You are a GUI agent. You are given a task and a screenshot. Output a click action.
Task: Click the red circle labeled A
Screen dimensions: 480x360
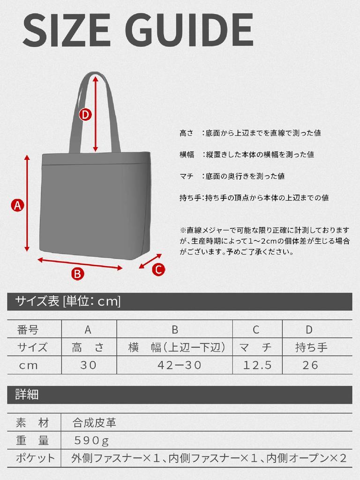[17, 205]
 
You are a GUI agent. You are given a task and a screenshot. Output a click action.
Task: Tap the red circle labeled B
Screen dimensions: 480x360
[77, 273]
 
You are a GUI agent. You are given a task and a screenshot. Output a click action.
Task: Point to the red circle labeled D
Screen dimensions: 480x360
[85, 114]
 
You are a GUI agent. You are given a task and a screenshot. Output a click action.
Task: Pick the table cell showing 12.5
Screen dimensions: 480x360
[255, 365]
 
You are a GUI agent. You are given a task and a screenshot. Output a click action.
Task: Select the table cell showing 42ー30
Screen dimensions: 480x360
[174, 365]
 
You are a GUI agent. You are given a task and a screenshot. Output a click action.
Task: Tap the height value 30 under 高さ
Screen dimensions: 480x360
[88, 365]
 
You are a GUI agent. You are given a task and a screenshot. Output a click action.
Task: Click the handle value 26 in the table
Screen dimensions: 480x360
[310, 365]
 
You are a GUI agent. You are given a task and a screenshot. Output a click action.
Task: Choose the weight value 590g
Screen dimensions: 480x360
[91, 441]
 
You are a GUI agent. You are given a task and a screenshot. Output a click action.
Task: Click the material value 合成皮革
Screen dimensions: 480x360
[94, 423]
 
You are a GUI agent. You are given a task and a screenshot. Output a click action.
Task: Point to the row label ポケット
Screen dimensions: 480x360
[36, 458]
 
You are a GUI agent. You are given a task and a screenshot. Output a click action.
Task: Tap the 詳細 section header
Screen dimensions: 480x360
[27, 395]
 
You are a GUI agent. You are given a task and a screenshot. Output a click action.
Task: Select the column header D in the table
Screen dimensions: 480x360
[309, 330]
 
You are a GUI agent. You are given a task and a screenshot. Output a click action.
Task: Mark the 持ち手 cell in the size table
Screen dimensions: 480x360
[311, 347]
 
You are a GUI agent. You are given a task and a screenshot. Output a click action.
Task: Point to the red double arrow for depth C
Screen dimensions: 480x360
[150, 262]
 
